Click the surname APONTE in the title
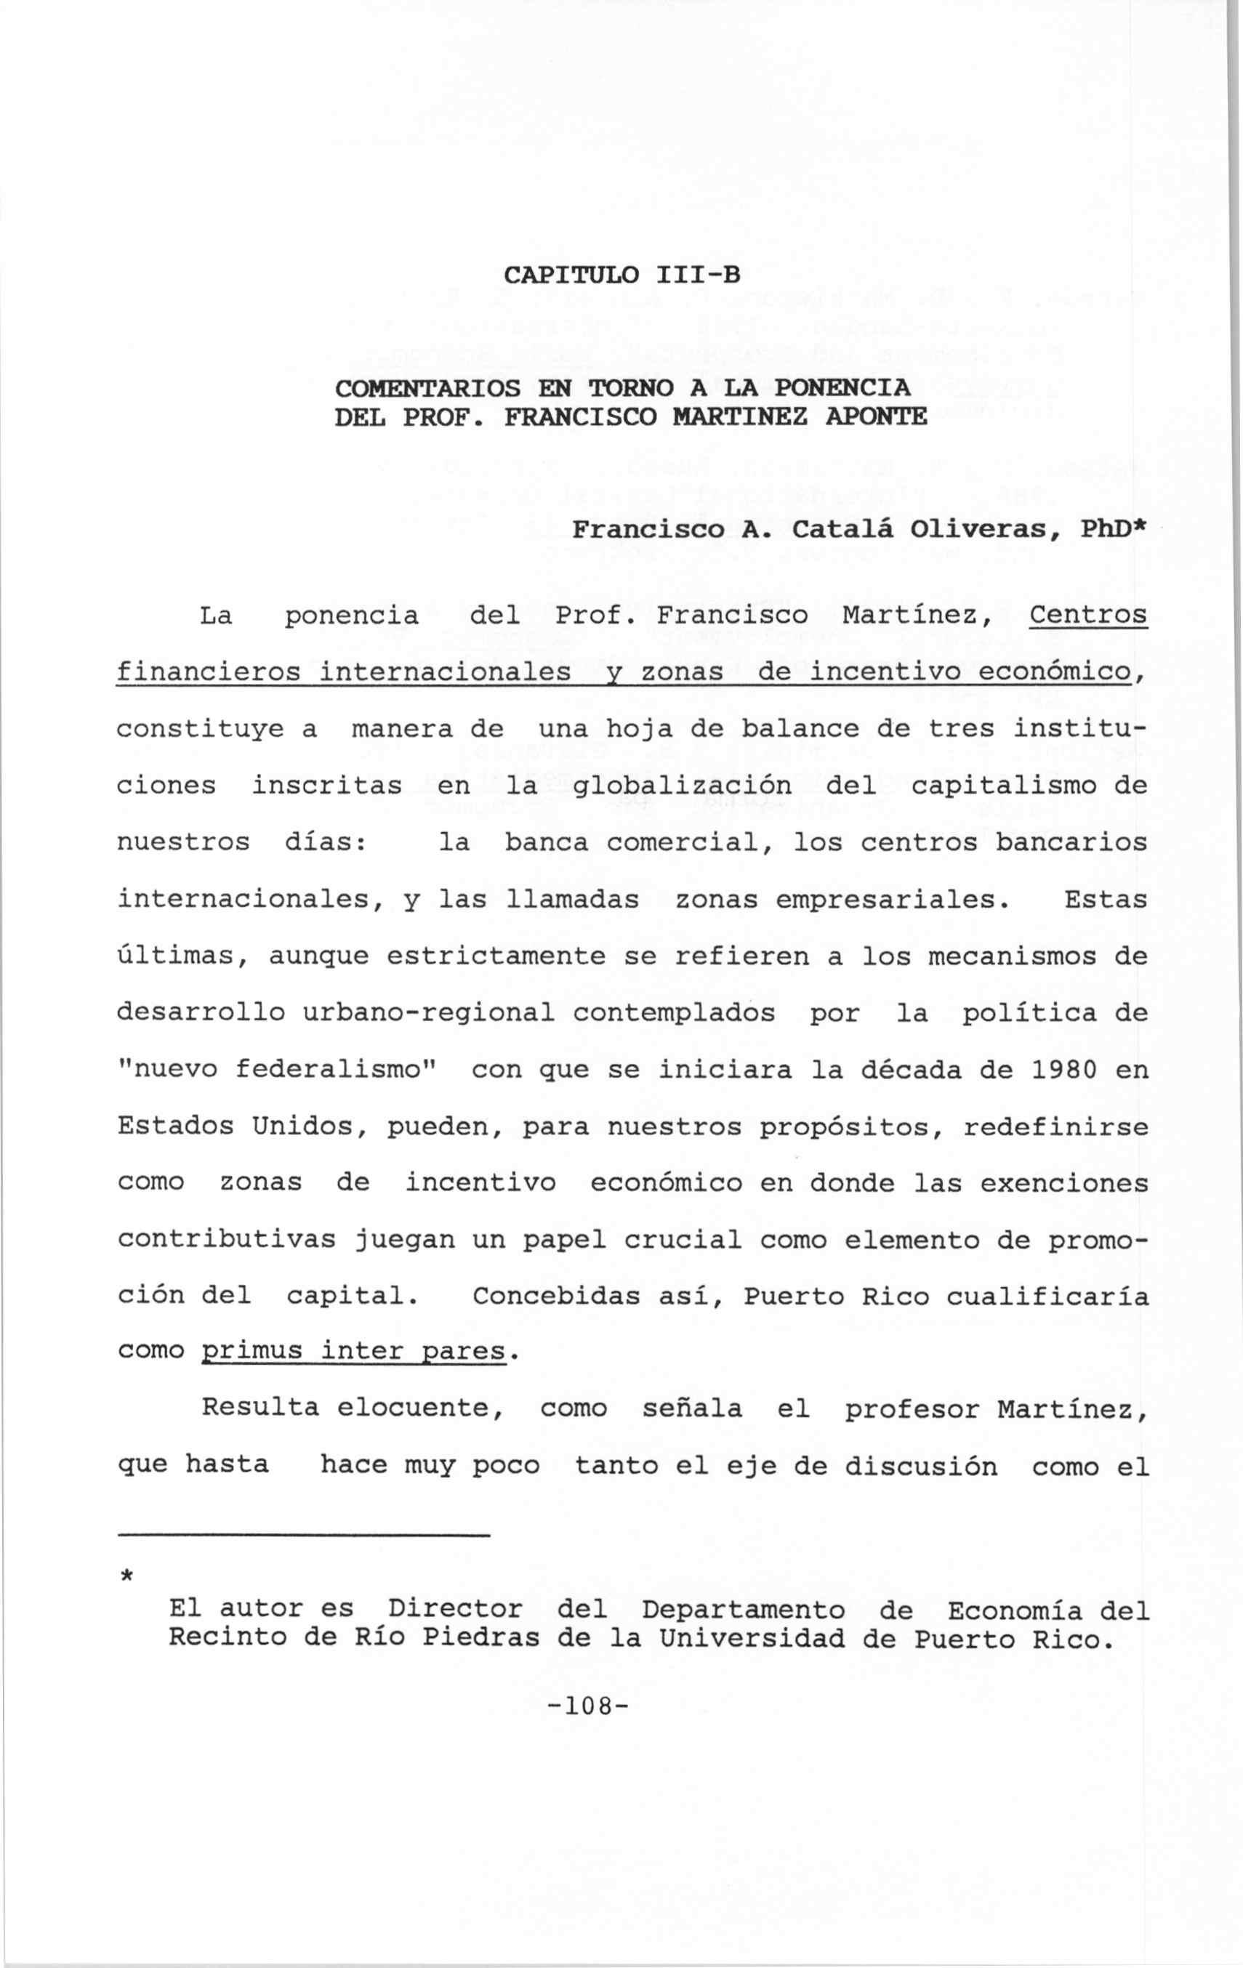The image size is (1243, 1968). pos(876,418)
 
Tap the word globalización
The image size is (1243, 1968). pos(683,786)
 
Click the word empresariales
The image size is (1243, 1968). pos(888,900)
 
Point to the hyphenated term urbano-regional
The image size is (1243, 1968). pos(428,1013)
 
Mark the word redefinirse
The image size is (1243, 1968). pos(1055,1127)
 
